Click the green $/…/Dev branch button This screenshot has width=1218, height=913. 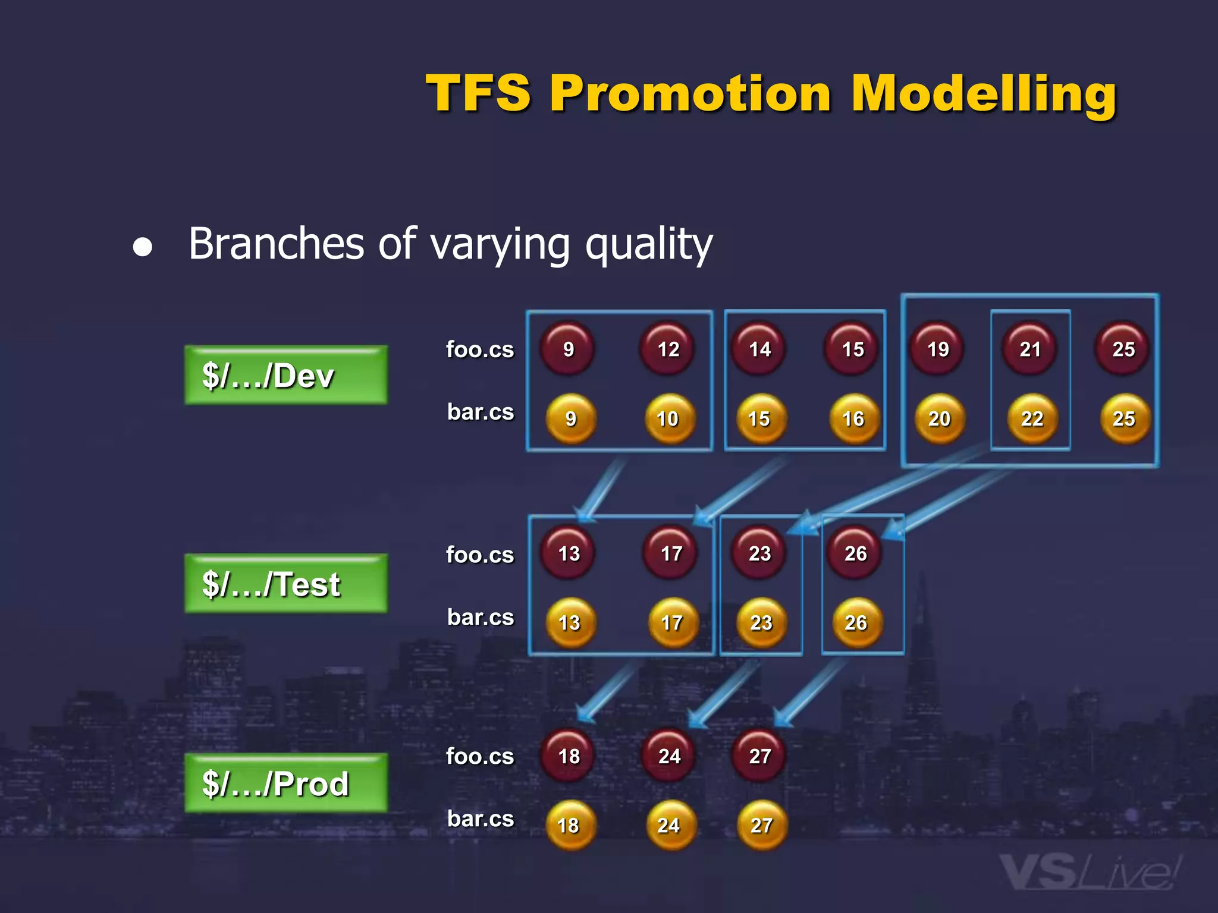point(285,375)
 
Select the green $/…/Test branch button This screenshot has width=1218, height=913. point(285,583)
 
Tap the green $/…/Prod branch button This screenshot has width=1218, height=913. point(285,783)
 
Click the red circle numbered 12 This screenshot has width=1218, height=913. point(668,348)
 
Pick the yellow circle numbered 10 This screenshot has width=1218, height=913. point(669,418)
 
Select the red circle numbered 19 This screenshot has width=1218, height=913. point(938,348)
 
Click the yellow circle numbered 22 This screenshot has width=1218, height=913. point(1032,418)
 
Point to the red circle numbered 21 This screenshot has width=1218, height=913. point(1030,348)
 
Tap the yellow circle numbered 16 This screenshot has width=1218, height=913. point(854,418)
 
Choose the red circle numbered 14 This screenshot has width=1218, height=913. point(759,348)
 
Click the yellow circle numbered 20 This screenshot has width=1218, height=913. point(939,418)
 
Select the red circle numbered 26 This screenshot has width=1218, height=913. point(855,553)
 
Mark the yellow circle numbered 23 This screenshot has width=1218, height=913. point(761,622)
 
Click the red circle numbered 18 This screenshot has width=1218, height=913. point(569,755)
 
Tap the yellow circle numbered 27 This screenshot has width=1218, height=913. point(762,825)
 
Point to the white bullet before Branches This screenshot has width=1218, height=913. point(143,247)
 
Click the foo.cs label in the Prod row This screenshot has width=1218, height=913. point(480,756)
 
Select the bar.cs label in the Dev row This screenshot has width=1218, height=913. point(480,411)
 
